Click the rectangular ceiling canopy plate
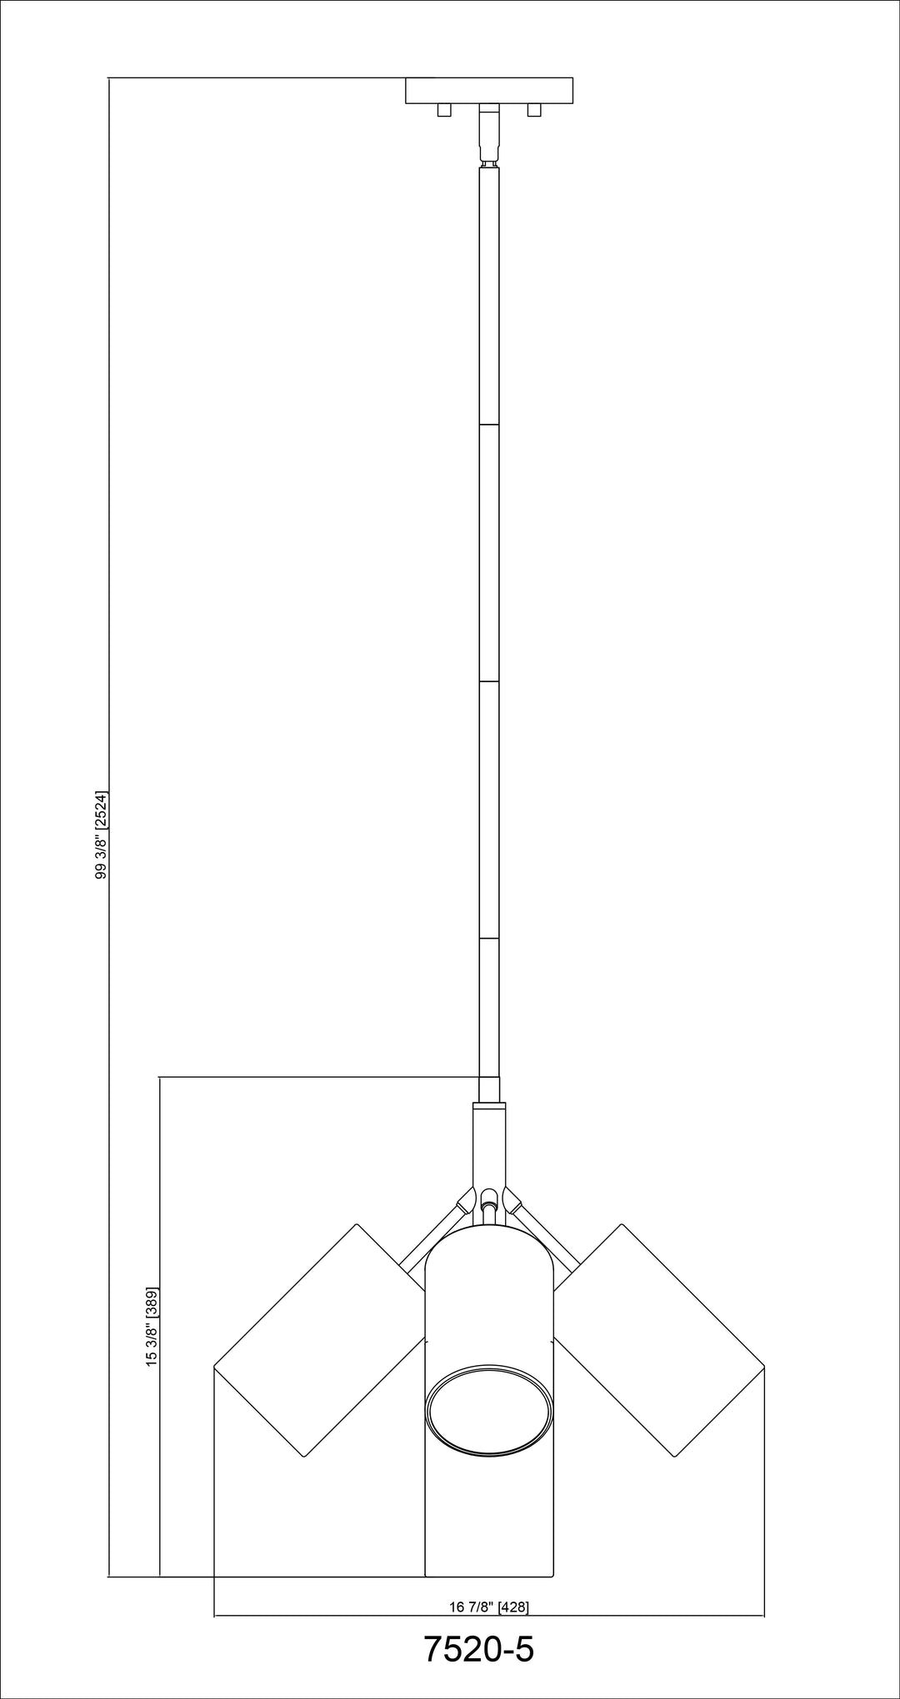(489, 90)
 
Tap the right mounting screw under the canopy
(534, 110)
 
